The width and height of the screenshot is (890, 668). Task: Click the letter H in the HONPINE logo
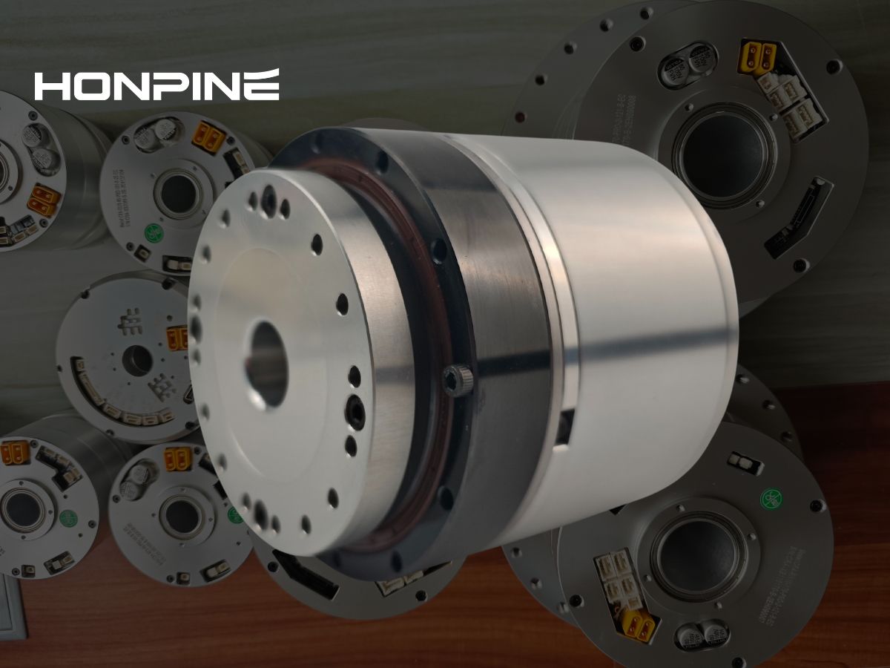(x=53, y=85)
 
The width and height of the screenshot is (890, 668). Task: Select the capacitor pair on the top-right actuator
(x=688, y=63)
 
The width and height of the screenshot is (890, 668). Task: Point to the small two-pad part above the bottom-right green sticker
(x=745, y=462)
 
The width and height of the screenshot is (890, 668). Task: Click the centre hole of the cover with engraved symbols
(x=136, y=361)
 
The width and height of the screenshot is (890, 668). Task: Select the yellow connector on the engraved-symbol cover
(x=177, y=337)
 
